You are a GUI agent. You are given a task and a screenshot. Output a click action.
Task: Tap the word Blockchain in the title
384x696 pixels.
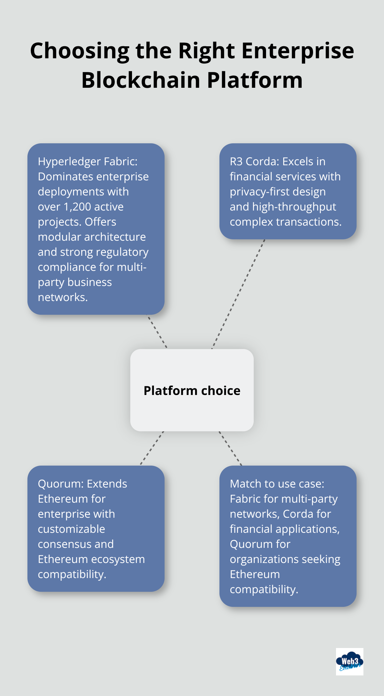coord(141,80)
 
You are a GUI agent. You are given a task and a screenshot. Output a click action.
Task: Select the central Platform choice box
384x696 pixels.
coord(192,390)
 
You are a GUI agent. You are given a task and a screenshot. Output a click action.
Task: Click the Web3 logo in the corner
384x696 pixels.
coord(349,661)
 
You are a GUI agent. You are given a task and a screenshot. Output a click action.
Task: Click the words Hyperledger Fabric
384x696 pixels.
coord(87,161)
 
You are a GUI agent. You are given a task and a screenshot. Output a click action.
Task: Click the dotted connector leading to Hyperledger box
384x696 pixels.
coord(157,331)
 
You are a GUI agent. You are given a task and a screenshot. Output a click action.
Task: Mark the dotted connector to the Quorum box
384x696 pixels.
coord(152,448)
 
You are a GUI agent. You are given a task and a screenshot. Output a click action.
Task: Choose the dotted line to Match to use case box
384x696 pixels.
coord(230,448)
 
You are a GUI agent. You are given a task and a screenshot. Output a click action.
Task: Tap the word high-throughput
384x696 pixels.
coord(294,207)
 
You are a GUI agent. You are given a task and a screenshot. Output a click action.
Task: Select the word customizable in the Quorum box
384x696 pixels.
coord(71,529)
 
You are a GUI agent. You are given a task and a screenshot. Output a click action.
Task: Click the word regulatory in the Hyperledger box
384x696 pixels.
coord(122,252)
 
